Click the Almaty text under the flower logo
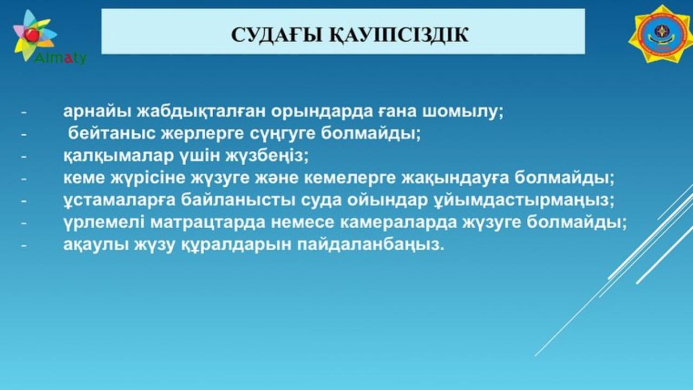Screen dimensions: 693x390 60,57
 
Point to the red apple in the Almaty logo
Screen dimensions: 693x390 32,34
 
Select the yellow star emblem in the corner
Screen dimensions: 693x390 661,34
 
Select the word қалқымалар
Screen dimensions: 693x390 119,155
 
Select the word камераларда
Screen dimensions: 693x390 398,223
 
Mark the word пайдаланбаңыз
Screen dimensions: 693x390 371,245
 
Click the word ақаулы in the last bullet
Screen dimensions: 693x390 96,245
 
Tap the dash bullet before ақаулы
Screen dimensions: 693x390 24,245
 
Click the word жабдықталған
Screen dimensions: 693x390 201,112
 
